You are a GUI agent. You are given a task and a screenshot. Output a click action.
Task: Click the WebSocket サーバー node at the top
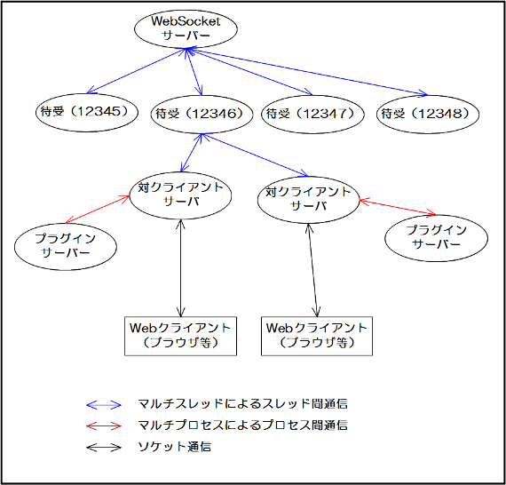186,28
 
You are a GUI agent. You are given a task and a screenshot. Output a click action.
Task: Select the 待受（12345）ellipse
87,113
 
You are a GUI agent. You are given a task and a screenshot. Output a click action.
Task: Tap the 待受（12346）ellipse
202,114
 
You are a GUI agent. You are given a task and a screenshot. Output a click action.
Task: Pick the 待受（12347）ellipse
312,114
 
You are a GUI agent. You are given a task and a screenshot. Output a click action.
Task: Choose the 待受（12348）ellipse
428,114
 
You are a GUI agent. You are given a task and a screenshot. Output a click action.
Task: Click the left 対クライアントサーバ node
180,195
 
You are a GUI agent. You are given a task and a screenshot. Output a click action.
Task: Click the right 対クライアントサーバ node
309,200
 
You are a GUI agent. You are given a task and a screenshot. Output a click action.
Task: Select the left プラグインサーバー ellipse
66,246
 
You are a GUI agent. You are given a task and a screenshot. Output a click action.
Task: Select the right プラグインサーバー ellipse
436,238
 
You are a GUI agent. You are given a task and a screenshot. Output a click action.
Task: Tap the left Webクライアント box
181,336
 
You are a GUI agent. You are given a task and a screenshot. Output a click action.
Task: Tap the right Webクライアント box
317,336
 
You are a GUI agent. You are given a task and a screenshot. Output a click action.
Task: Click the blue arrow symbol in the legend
104,404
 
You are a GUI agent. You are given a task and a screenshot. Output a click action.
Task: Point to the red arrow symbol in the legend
104,425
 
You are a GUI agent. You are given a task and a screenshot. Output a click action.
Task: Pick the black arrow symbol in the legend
104,448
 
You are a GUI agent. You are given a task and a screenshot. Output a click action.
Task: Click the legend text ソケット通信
174,447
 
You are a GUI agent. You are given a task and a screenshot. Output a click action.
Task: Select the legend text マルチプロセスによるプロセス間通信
242,425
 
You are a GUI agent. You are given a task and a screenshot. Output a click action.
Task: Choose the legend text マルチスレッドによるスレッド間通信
242,403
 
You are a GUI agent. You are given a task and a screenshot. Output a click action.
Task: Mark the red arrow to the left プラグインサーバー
97,210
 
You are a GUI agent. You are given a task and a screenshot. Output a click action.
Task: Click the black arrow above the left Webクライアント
181,268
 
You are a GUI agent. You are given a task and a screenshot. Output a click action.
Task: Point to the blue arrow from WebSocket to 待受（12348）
307,72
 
